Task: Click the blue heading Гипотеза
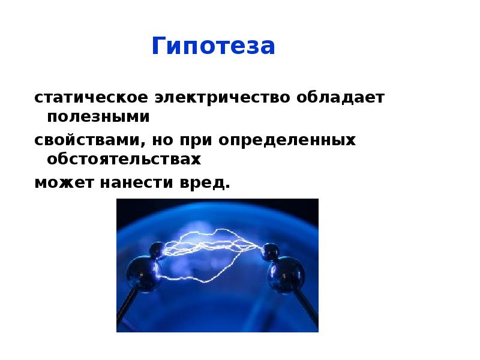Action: (x=214, y=46)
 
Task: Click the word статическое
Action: (x=91, y=98)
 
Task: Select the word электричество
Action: (x=222, y=98)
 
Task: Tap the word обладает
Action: (x=340, y=97)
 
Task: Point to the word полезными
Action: (x=98, y=116)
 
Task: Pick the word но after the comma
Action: (x=162, y=140)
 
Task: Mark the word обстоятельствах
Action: (x=124, y=159)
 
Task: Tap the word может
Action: (x=64, y=183)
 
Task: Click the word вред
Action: (x=205, y=183)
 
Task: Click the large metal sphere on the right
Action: (x=286, y=274)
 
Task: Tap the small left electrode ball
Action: (x=157, y=250)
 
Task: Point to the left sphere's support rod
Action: (x=126, y=309)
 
